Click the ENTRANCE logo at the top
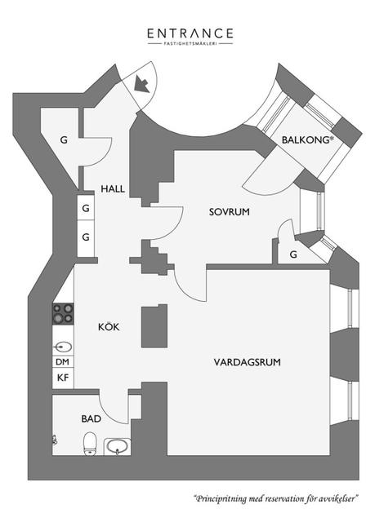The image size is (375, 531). [x=190, y=37]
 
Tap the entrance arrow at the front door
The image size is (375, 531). [x=142, y=84]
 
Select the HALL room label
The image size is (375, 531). [x=113, y=189]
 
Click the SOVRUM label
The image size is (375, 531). [x=230, y=212]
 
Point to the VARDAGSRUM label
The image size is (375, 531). [x=248, y=362]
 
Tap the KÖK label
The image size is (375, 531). [x=109, y=326]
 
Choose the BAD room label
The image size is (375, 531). [x=92, y=419]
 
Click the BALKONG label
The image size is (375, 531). [x=306, y=139]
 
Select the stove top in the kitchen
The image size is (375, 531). [x=63, y=313]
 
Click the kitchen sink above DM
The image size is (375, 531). [x=63, y=347]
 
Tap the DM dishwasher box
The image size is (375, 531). [x=63, y=362]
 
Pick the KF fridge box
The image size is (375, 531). [x=63, y=378]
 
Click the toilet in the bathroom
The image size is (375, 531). [x=90, y=443]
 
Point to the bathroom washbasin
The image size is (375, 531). [x=118, y=447]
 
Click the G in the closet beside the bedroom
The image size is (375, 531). [x=293, y=254]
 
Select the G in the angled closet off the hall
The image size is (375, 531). [x=64, y=139]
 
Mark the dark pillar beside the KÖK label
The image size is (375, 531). [x=154, y=325]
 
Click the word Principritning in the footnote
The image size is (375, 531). [x=221, y=499]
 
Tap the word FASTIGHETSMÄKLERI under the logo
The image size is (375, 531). [x=190, y=43]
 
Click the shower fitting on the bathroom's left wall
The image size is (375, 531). [x=54, y=440]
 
